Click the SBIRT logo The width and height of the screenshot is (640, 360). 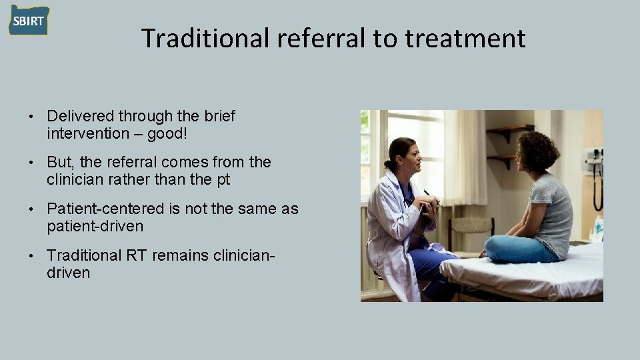(29, 21)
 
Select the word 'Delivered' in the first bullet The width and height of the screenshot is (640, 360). (80, 117)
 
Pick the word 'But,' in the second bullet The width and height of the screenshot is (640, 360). (61, 162)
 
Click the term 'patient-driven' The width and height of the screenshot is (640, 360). (95, 226)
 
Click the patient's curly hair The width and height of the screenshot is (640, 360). (537, 151)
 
